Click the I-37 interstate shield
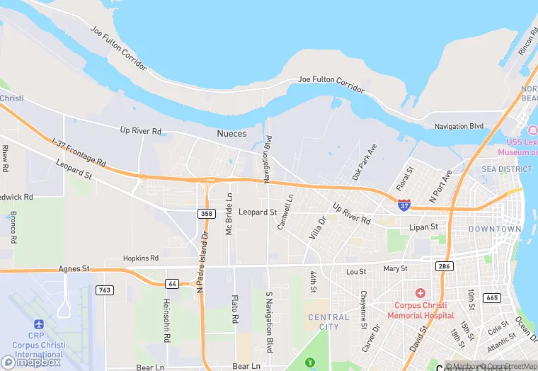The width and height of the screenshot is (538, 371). pos(403,205)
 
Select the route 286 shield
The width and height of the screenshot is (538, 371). pos(445,266)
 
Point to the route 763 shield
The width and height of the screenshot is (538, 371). pos(105,290)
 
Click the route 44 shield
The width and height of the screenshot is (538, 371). pos(172,282)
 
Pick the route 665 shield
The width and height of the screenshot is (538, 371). pos(492,297)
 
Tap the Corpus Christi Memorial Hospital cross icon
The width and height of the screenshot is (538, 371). pos(420,293)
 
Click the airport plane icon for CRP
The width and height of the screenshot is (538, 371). pos(38,324)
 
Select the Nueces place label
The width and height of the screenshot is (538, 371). pos(231,133)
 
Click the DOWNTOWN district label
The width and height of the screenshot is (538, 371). pos(495,229)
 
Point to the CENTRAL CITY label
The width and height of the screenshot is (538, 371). pos(328,322)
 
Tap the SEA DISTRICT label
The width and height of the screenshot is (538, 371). pos(506,169)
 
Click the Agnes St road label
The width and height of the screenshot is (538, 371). pos(72,269)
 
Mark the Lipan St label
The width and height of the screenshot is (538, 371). pos(423,227)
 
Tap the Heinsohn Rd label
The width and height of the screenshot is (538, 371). pos(167,310)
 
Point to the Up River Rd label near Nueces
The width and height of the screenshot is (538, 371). pos(141,130)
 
